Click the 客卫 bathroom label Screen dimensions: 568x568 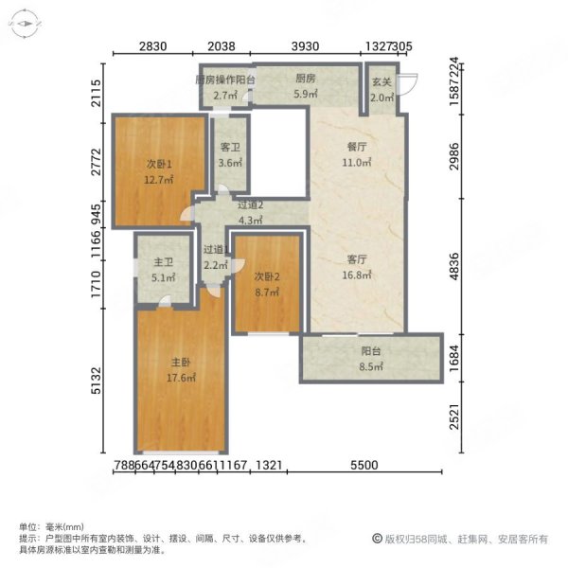point(229,148)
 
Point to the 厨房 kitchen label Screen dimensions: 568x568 point(305,80)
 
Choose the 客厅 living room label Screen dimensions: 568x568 point(357,260)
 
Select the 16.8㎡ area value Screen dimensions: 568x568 point(357,275)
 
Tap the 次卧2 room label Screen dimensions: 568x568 point(267,276)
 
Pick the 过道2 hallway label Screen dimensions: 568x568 point(250,205)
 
